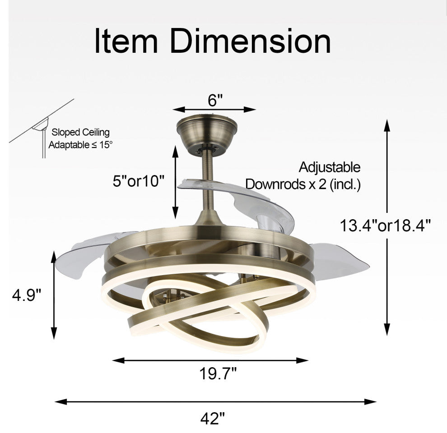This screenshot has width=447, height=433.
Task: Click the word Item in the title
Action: (x=126, y=41)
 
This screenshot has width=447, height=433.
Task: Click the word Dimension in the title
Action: (x=250, y=41)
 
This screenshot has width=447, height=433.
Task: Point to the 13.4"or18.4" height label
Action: (x=385, y=226)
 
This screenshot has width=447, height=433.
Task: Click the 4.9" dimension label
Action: (x=27, y=295)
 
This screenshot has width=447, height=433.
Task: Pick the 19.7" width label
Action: (x=218, y=373)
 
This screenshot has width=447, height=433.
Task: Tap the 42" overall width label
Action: (x=212, y=419)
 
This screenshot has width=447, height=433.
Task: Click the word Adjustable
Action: (x=330, y=167)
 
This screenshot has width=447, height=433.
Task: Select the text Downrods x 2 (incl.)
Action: (x=303, y=184)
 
